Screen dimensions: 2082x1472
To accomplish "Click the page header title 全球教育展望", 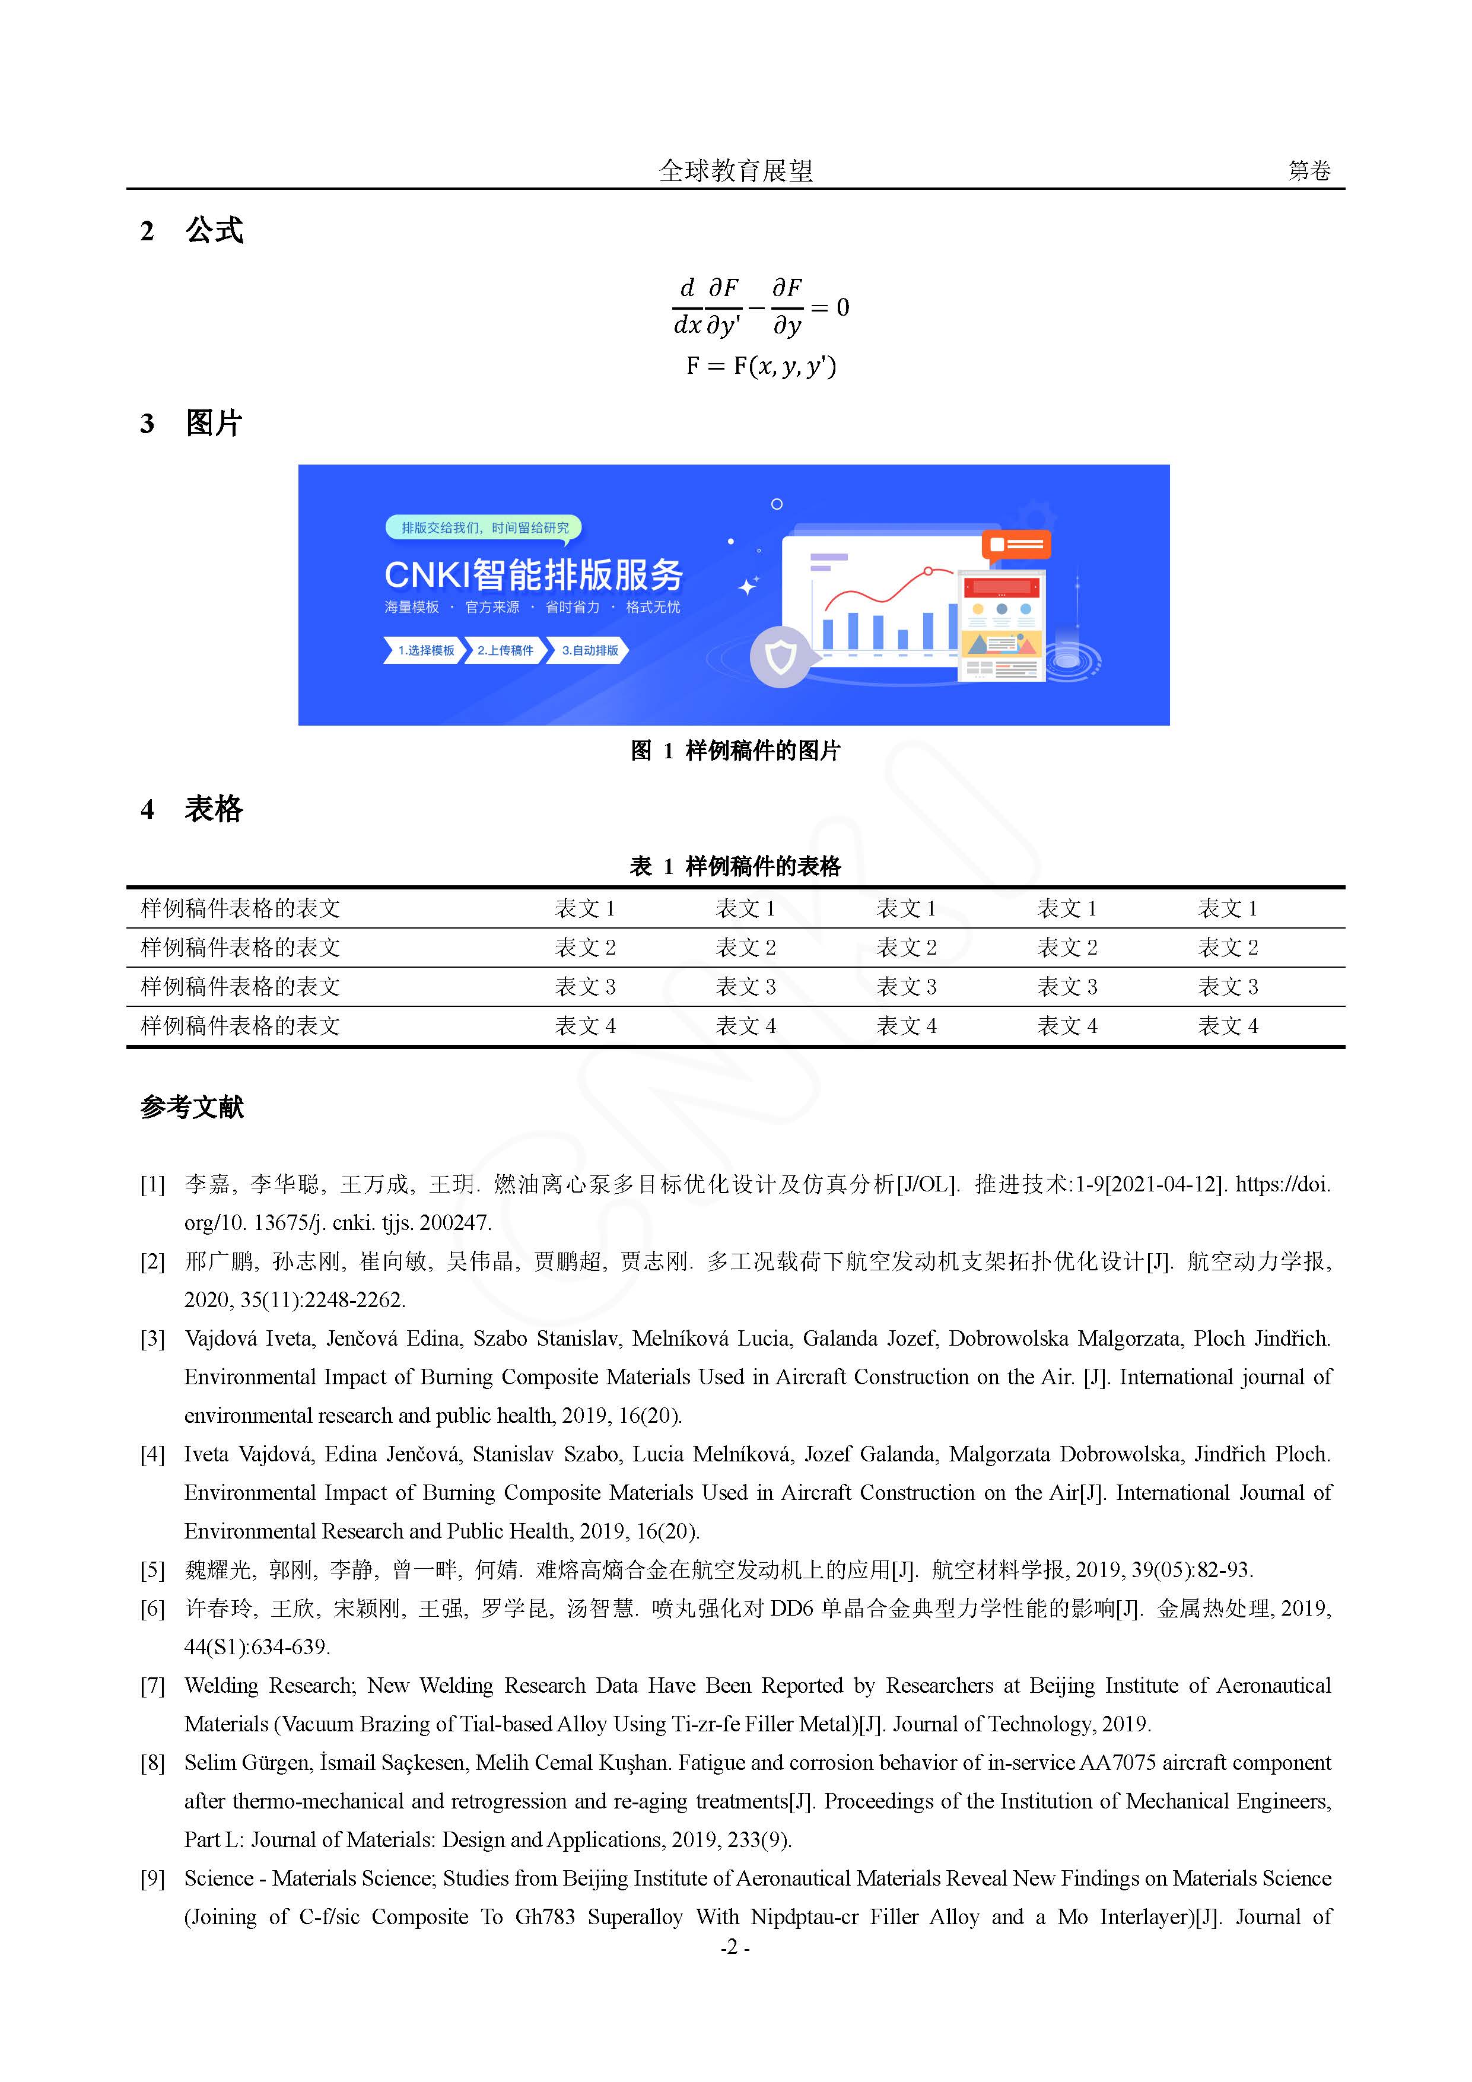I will tap(736, 170).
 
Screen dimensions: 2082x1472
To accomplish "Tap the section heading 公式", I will tap(214, 230).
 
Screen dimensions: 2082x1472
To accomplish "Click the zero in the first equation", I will tap(842, 307).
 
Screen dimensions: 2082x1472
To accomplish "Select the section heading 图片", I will tap(214, 424).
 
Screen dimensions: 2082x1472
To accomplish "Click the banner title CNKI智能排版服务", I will tap(533, 575).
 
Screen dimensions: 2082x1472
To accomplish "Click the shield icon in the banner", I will tap(780, 656).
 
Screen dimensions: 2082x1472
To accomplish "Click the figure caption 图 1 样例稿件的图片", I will tap(736, 751).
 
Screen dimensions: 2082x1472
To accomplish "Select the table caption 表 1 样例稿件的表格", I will tap(736, 867).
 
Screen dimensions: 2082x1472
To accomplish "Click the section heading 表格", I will tap(214, 809).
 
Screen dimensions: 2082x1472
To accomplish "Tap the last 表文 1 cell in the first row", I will tap(1227, 908).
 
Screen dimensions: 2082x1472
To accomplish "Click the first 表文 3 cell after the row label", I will tap(585, 987).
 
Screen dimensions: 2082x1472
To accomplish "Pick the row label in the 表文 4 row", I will tap(240, 1026).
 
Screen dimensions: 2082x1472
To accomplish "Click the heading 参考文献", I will tap(192, 1107).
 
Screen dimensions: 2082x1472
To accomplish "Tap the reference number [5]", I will tap(152, 1571).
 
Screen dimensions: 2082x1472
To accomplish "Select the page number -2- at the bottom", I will tap(735, 1947).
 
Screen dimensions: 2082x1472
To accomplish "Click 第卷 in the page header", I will tap(1309, 170).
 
